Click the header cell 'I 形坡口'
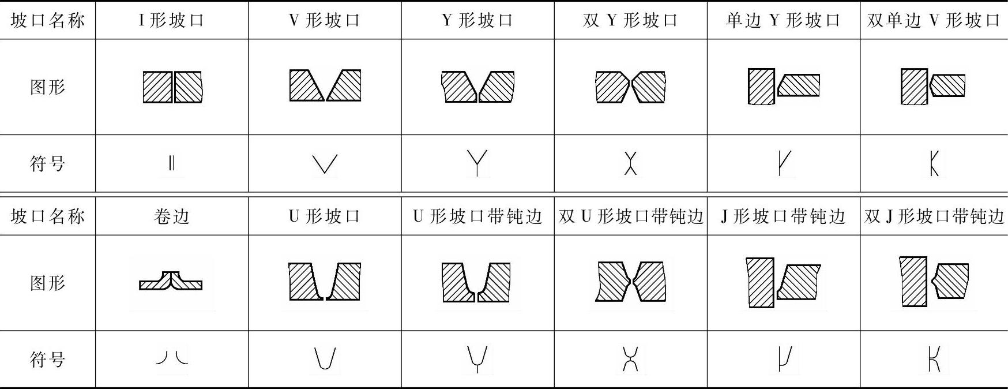tap(172, 21)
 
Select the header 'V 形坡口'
tap(325, 21)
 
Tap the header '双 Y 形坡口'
tap(630, 21)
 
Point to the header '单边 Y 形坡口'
tap(783, 21)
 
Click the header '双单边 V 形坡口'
tap(934, 21)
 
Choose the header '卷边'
tap(172, 216)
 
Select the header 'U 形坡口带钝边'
tap(477, 216)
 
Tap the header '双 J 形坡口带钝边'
tap(934, 216)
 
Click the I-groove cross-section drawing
tap(172, 87)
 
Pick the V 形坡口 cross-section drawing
tap(325, 85)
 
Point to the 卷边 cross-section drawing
tap(171, 280)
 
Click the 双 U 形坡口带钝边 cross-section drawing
tap(630, 282)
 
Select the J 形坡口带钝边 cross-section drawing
tap(783, 282)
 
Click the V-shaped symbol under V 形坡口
tap(325, 164)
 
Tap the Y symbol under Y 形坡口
tap(477, 163)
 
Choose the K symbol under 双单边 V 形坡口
tap(934, 163)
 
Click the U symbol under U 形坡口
tap(325, 358)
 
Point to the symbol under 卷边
tap(172, 358)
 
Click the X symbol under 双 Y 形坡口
tap(630, 163)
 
